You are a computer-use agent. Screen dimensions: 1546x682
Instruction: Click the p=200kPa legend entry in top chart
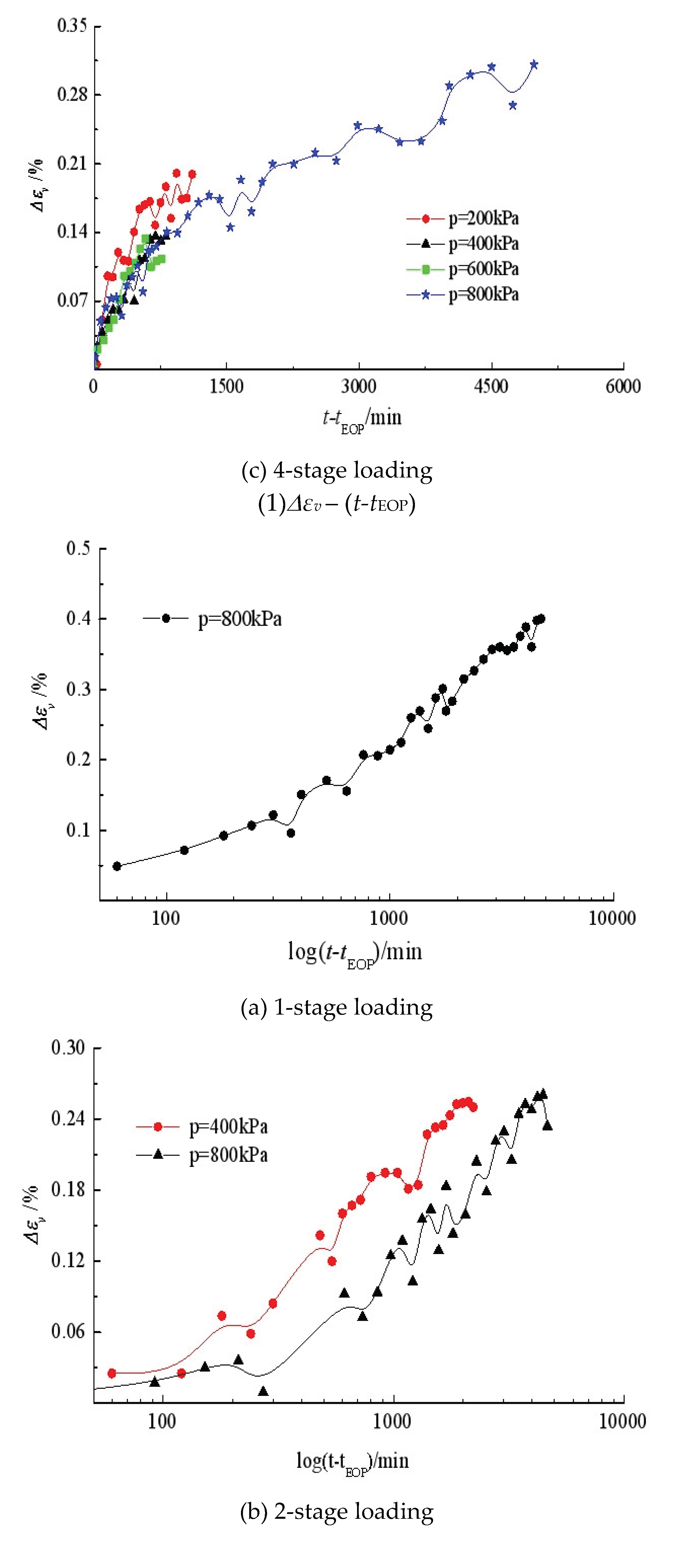[462, 218]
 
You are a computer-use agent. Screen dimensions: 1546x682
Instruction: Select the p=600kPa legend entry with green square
[462, 269]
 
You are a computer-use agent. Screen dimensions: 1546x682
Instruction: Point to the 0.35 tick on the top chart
[72, 26]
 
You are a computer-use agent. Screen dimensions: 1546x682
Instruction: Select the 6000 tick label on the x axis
[623, 386]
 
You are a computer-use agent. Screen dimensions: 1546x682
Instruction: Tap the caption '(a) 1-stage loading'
[336, 1008]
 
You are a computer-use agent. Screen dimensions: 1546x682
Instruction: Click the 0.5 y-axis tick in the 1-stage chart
[78, 548]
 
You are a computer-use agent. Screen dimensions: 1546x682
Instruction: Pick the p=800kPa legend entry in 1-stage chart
[213, 619]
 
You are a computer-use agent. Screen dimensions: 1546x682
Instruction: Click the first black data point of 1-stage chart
[117, 866]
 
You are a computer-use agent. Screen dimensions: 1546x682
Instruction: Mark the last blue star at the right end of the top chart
[534, 64]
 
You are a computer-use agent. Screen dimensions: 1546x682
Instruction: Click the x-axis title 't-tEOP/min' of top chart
[362, 418]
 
